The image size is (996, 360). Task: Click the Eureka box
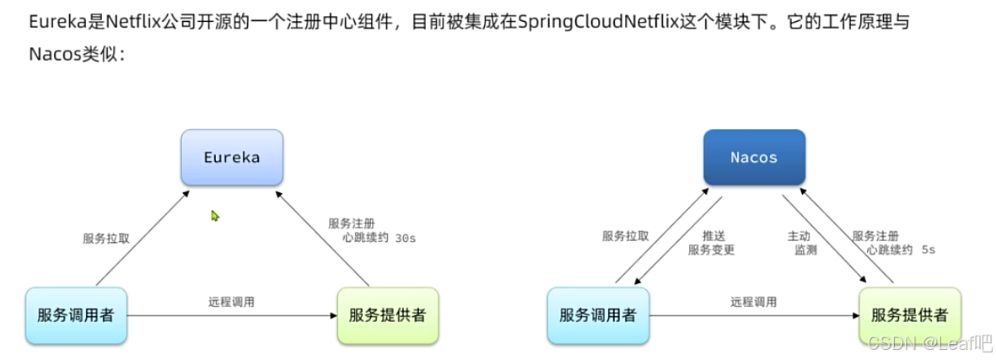pos(232,158)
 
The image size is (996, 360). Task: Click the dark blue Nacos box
pos(754,158)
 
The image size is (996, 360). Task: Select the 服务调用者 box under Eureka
pos(76,316)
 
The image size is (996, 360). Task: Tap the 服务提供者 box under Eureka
pos(387,316)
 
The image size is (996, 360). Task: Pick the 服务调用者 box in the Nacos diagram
pos(598,316)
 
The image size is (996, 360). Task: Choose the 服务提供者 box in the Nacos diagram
pos(909,316)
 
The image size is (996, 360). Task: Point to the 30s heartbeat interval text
pos(406,239)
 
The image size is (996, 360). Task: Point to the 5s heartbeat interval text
pos(928,250)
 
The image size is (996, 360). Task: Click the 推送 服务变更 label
pos(711,243)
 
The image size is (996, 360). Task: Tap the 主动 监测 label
pos(801,243)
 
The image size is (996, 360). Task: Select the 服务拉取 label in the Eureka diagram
pos(106,238)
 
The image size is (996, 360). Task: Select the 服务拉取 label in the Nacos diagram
pos(626,236)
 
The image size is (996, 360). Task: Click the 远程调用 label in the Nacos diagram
pos(754,301)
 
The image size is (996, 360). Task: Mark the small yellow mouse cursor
pos(215,217)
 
